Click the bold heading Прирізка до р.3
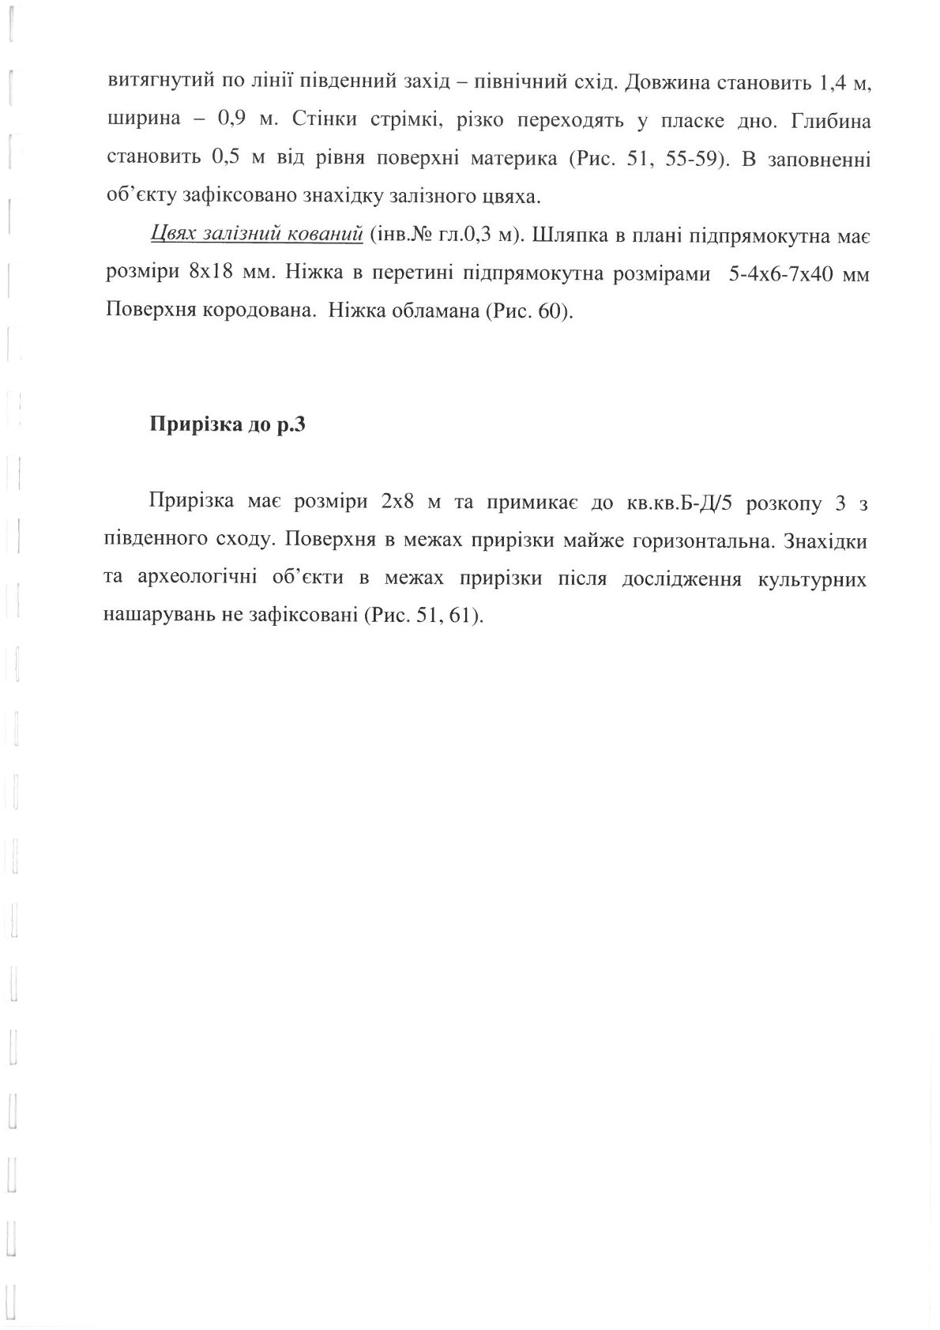pyautogui.click(x=227, y=425)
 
